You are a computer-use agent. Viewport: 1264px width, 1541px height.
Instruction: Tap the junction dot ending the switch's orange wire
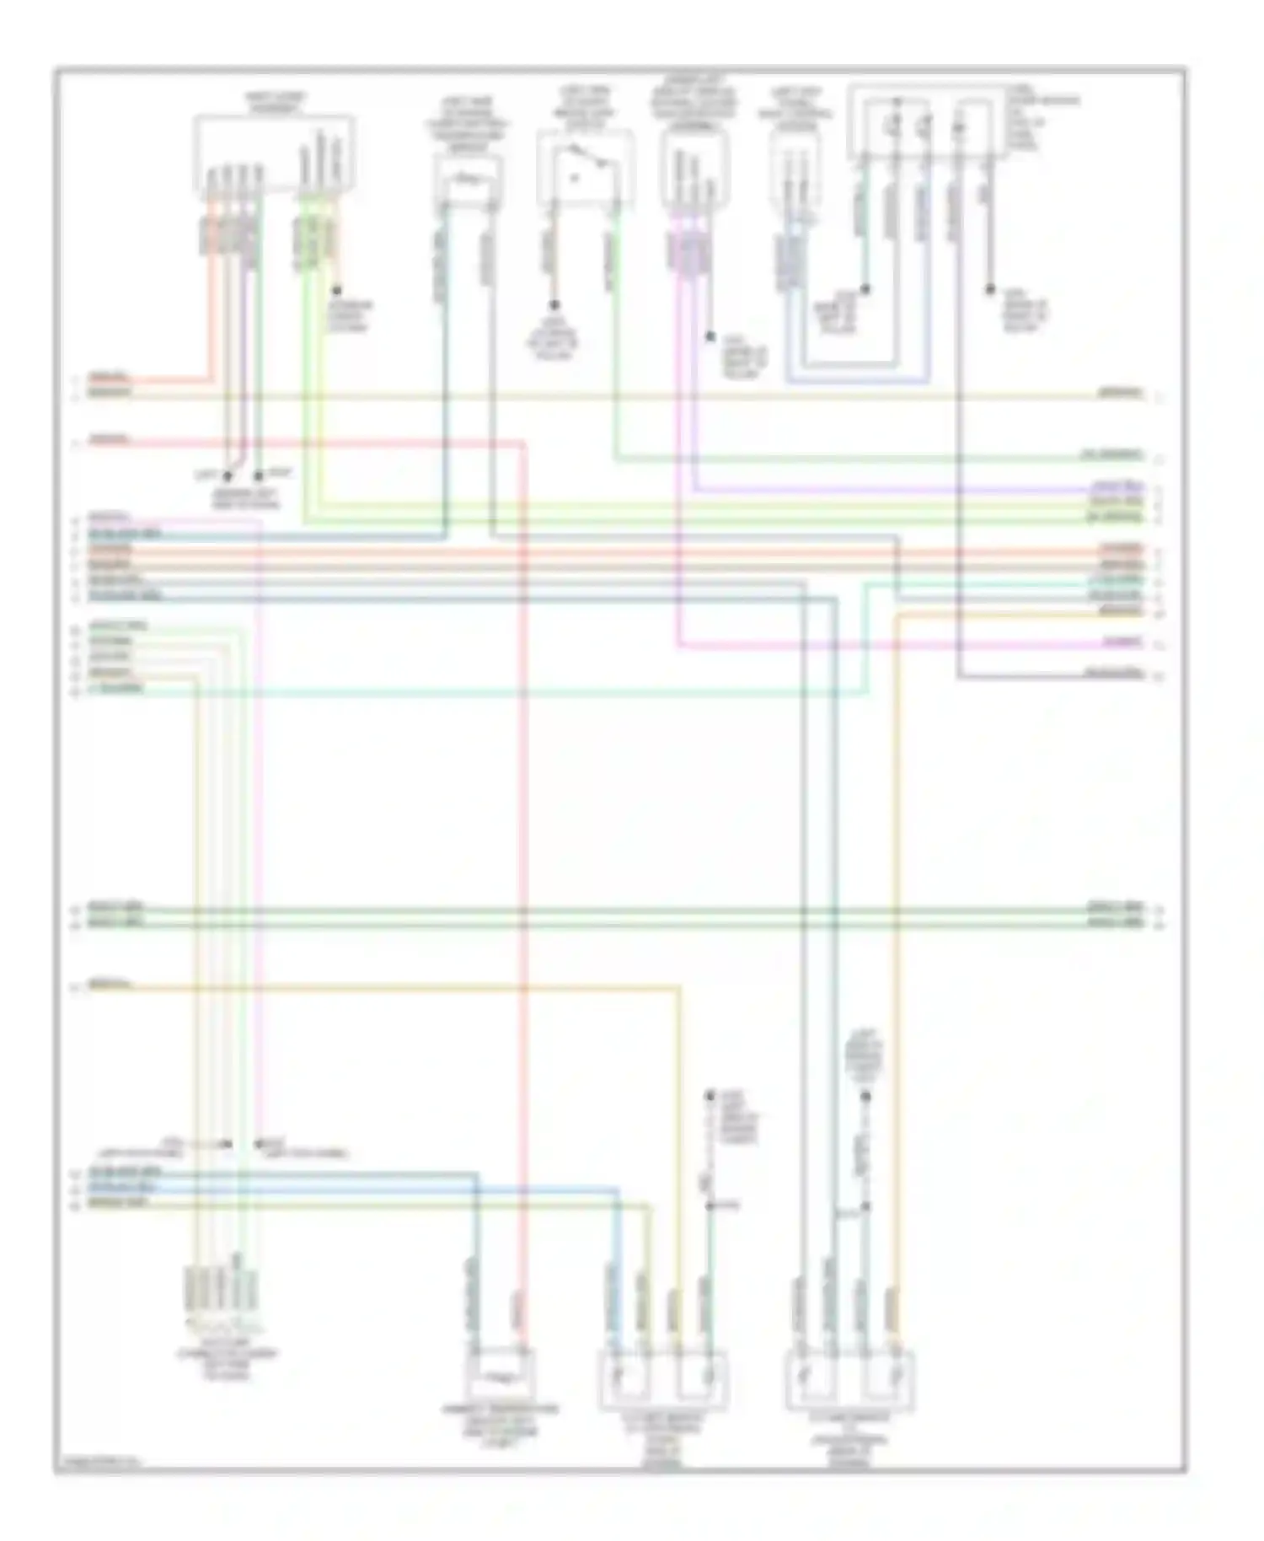554,305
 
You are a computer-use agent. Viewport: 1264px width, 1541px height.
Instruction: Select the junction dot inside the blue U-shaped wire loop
865,289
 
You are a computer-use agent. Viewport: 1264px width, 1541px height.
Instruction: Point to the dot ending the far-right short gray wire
989,289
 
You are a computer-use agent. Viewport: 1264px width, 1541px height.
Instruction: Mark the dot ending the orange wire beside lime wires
336,290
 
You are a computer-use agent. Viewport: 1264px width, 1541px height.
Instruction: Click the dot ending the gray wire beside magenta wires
710,337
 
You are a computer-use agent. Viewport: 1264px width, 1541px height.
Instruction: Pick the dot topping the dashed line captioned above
865,1097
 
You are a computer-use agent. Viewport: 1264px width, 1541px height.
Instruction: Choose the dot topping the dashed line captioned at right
710,1096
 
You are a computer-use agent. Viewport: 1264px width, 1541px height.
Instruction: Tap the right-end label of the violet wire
1117,488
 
